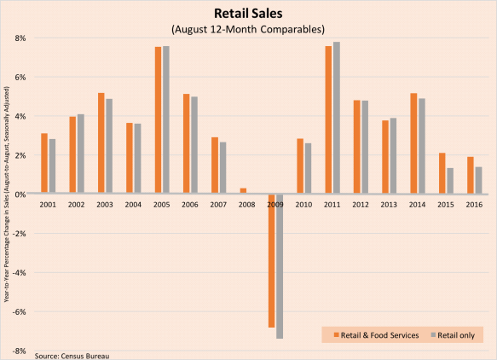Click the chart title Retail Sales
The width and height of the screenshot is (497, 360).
248,14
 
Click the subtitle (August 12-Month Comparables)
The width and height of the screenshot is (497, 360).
248,30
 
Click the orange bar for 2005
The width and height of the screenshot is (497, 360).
159,119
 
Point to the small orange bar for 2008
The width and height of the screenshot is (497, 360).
244,190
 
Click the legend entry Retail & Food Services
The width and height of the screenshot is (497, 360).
376,335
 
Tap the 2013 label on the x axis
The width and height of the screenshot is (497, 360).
390,205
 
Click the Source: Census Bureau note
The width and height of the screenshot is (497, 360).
72,354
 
